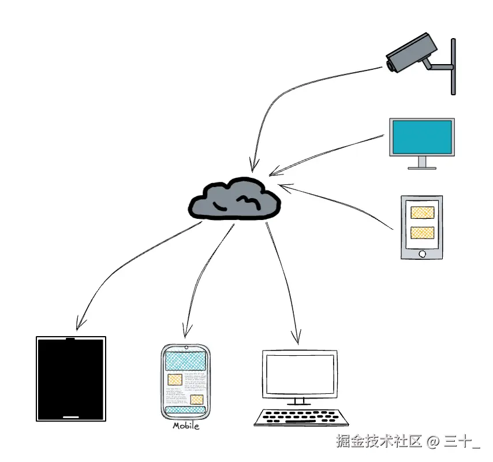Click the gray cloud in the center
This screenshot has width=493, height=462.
click(235, 200)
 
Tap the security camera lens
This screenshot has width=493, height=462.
click(391, 66)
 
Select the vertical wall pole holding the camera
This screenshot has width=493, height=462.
click(453, 66)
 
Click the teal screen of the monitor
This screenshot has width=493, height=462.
click(421, 137)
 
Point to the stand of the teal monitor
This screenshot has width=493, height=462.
click(422, 163)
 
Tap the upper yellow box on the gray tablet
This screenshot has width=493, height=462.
click(421, 212)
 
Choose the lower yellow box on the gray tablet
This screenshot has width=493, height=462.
click(421, 233)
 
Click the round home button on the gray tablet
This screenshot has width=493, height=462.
click(422, 253)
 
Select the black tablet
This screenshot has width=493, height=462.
click(71, 378)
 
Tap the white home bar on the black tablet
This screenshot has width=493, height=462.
click(71, 416)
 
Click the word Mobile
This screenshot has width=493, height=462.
click(186, 426)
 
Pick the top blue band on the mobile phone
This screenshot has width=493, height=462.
click(185, 362)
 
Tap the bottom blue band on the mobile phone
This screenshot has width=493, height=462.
click(185, 409)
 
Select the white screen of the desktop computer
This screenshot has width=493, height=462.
click(298, 374)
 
